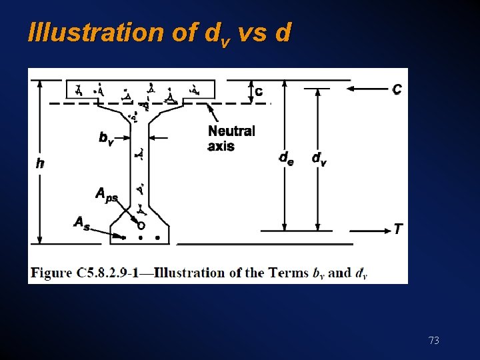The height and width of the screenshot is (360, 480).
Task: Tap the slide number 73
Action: [433, 341]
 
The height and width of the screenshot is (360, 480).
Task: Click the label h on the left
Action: [40, 162]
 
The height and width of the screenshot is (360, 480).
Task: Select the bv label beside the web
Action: [106, 138]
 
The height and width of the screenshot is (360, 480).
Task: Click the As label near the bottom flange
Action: [81, 223]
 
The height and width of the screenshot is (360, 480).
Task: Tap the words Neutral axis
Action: [231, 138]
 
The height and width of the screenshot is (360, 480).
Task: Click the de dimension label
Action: [285, 158]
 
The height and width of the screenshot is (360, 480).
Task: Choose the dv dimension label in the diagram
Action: [319, 158]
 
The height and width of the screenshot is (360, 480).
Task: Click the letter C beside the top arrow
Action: [397, 89]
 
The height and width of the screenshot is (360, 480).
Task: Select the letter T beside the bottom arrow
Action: [398, 229]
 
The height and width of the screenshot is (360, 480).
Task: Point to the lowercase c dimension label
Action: [259, 91]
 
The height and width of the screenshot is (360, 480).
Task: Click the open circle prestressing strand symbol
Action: [141, 226]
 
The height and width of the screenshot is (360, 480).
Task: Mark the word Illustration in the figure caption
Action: [199, 273]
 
